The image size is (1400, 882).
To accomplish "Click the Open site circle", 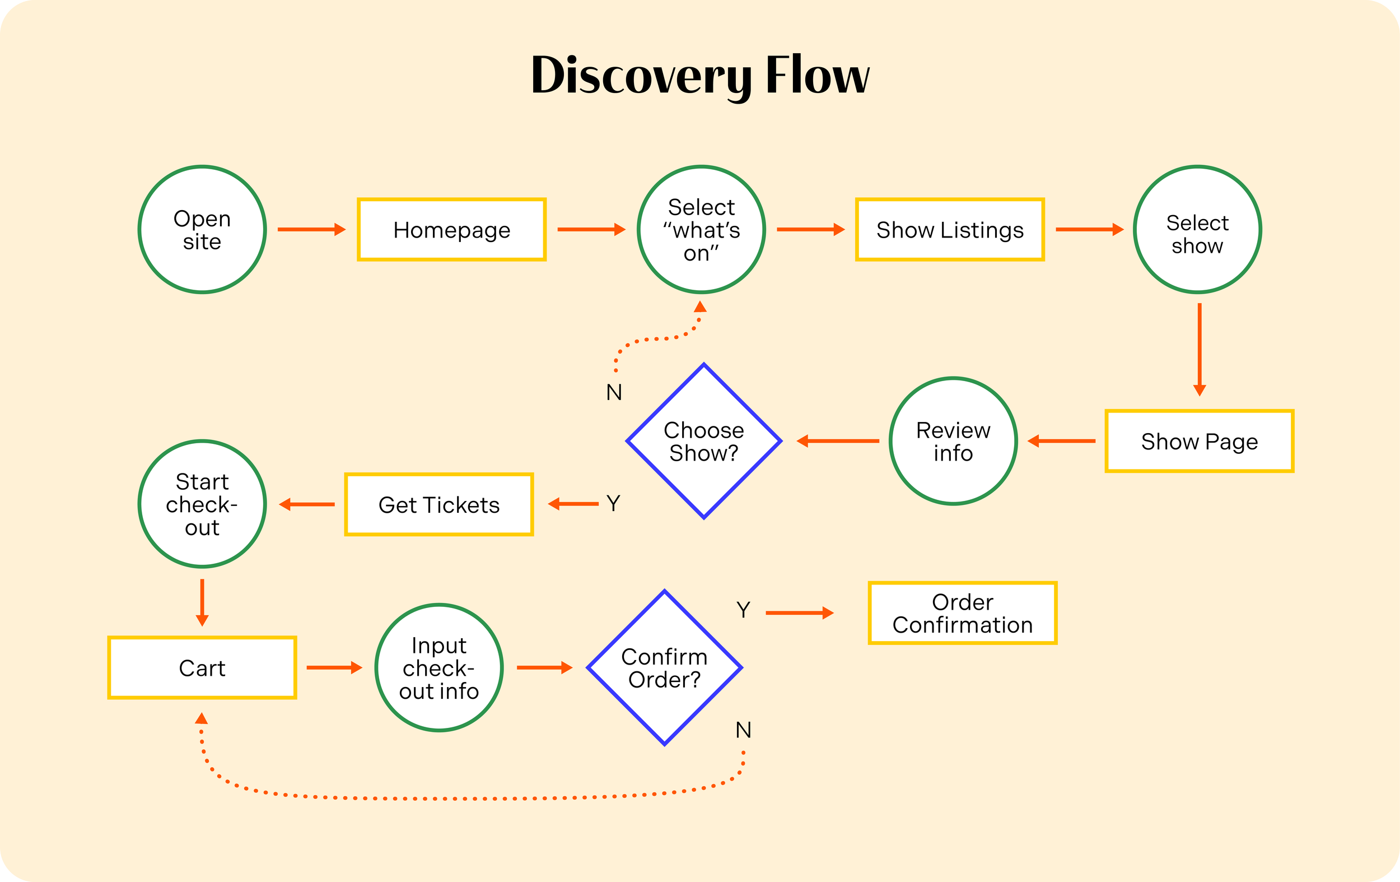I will pos(202,230).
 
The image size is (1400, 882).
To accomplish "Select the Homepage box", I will pos(451,230).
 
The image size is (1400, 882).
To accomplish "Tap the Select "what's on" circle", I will pos(701,230).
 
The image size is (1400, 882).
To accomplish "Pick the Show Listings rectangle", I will pos(949,230).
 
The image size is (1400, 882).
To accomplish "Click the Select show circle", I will pos(1197,230).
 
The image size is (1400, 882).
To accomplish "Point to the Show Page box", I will pos(1199,442).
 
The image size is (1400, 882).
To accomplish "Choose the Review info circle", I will pos(953,442).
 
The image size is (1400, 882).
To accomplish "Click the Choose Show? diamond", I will pos(703,442).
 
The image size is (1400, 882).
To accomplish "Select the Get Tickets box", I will pos(439,504).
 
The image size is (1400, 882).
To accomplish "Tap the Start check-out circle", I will pos(202,504).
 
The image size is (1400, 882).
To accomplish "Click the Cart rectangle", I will pos(202,668).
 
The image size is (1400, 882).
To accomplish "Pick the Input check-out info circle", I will pos(439,668).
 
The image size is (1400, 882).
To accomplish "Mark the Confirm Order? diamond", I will pos(665,668).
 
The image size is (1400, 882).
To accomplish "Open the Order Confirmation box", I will pos(962,613).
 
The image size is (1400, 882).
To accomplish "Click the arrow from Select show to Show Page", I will pos(1200,349).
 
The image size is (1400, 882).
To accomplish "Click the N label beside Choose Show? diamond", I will pos(614,393).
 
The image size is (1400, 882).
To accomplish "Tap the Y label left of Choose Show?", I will pos(613,503).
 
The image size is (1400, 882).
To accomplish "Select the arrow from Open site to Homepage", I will pos(311,230).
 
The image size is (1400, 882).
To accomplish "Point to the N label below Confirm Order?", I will pos(744,730).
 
